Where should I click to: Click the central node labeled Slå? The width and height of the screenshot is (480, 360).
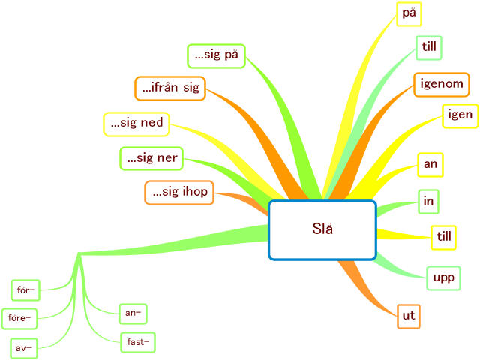tap(322, 229)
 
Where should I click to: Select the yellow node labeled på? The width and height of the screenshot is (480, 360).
tap(409, 13)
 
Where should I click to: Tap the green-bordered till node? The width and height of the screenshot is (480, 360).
tap(430, 47)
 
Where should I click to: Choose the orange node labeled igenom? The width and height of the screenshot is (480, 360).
tap(441, 84)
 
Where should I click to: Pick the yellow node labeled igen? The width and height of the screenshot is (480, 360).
tap(460, 115)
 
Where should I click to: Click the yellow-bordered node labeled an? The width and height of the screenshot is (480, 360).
tap(430, 164)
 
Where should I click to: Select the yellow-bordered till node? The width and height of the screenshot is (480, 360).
tap(445, 236)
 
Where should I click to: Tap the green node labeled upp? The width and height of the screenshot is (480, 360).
tap(443, 278)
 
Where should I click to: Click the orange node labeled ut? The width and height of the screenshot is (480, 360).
tap(408, 316)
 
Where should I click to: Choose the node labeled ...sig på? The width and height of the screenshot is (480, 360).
tap(216, 55)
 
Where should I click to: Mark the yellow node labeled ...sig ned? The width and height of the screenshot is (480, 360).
tap(135, 124)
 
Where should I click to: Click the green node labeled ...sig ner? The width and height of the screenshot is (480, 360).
tap(152, 158)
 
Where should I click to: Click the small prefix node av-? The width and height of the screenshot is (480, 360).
tap(24, 348)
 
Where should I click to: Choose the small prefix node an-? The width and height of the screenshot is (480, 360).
tap(132, 312)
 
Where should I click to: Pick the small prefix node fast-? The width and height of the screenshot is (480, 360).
tap(137, 342)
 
